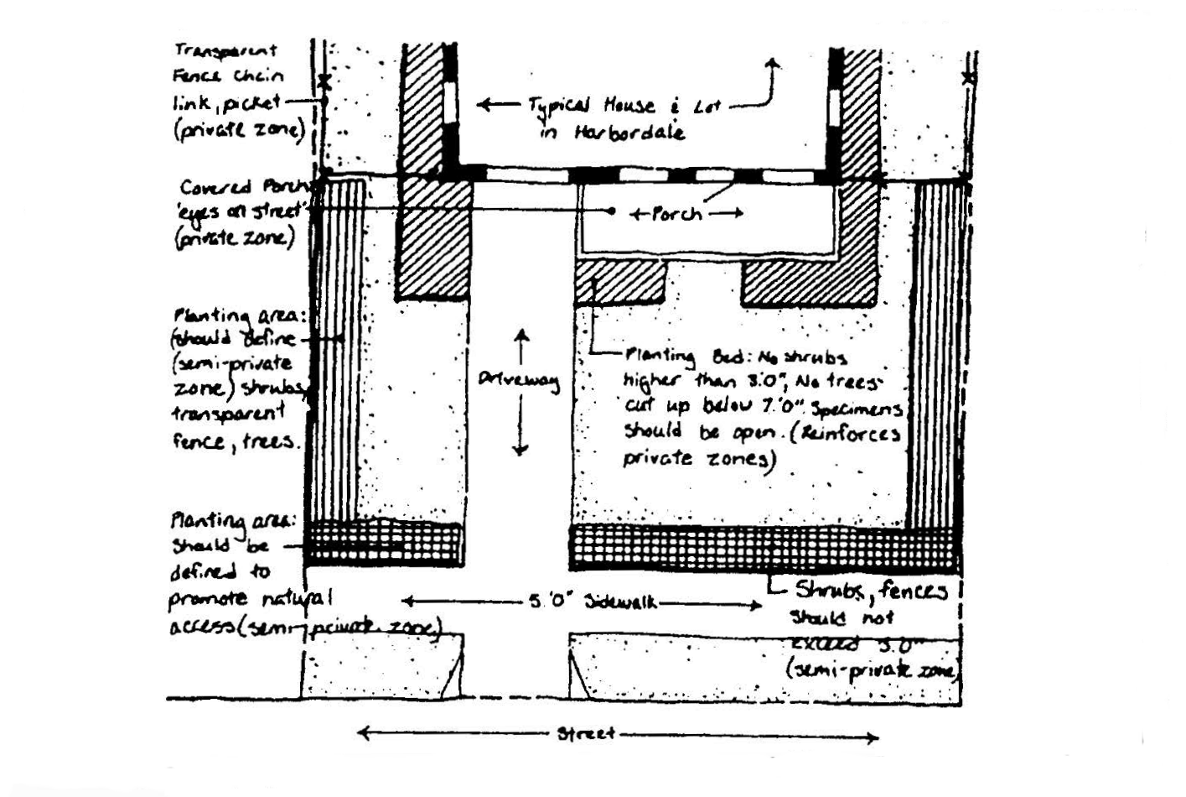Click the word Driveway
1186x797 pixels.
pyautogui.click(x=520, y=380)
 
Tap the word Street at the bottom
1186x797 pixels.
pyautogui.click(x=587, y=734)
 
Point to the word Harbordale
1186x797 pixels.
pyautogui.click(x=629, y=133)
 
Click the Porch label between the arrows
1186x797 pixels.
pyautogui.click(x=676, y=214)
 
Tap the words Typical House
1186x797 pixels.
pyautogui.click(x=591, y=106)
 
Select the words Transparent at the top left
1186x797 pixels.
pyautogui.click(x=225, y=51)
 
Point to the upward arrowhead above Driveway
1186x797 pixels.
pyautogui.click(x=521, y=335)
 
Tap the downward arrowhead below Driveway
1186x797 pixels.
pyautogui.click(x=520, y=451)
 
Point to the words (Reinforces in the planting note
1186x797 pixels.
pyautogui.click(x=850, y=435)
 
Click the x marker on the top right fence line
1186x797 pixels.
pyautogui.click(x=969, y=78)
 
